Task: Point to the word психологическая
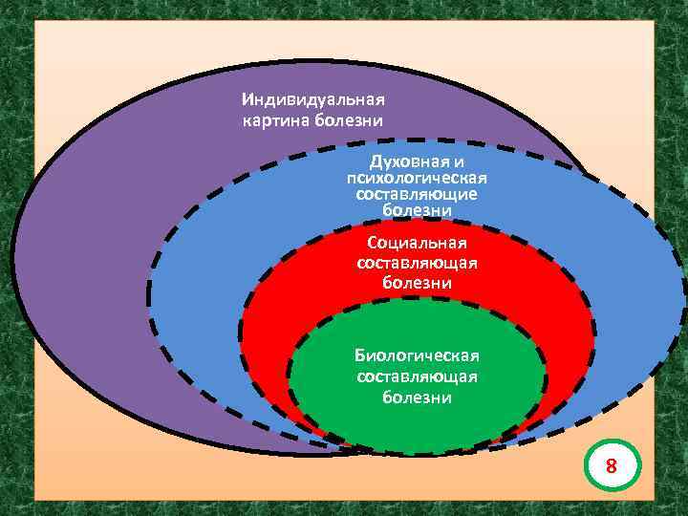(x=417, y=178)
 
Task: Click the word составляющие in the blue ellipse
(x=417, y=193)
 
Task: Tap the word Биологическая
(x=417, y=355)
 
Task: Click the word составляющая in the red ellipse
(x=417, y=263)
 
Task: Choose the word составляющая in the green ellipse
(x=417, y=376)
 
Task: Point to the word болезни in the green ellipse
(x=417, y=398)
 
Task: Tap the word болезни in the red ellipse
(x=417, y=284)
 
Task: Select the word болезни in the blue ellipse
(x=417, y=208)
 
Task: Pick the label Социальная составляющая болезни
(x=417, y=263)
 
